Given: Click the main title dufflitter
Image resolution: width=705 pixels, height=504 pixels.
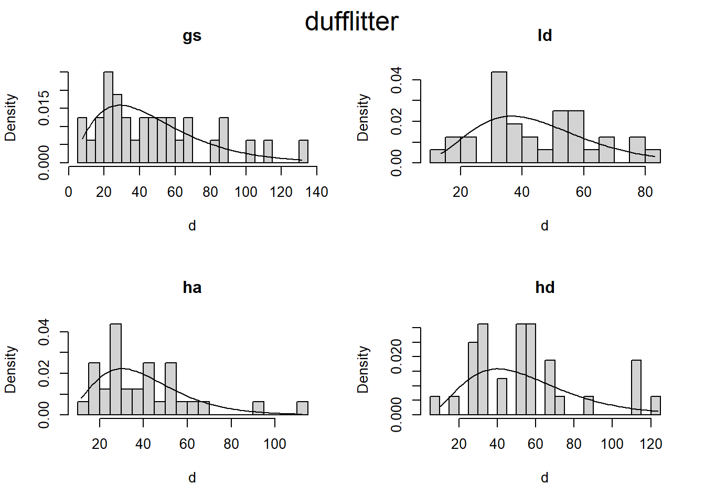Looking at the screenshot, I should (351, 22).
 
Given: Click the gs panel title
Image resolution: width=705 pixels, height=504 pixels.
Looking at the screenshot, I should (192, 36).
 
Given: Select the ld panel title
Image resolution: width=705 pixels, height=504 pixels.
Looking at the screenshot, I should (544, 36).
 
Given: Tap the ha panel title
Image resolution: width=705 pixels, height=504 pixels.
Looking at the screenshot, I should (192, 288).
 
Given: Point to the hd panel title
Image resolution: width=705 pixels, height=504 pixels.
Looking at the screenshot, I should (544, 288).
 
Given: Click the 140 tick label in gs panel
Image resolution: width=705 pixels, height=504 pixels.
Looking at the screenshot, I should (316, 192).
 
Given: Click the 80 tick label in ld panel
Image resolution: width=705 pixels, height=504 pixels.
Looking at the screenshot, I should (645, 192).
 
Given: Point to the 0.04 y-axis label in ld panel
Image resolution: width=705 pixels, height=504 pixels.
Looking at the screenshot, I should (397, 80).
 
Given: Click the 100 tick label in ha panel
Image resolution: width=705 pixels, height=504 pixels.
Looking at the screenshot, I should (275, 444).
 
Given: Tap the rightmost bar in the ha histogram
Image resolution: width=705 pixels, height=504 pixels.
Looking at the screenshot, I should (302, 408).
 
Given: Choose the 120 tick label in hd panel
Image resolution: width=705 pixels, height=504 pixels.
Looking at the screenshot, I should (650, 444).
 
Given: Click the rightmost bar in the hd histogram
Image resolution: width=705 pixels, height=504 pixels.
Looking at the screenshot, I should (656, 405).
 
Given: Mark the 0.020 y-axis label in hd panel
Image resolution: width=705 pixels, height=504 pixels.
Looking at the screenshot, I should (397, 356).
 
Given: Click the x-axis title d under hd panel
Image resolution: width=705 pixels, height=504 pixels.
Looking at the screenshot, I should (544, 478).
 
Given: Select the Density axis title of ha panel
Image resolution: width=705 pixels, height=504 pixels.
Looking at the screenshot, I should (10, 369).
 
